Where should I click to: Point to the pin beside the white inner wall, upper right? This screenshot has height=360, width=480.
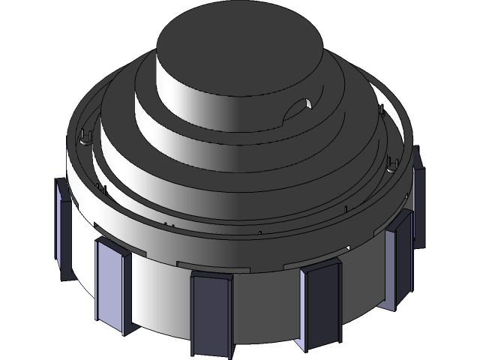[383, 112]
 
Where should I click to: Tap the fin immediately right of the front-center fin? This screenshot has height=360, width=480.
[321, 304]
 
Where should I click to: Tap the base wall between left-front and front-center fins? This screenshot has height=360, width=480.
[161, 300]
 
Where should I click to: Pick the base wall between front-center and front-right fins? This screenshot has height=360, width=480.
[266, 307]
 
